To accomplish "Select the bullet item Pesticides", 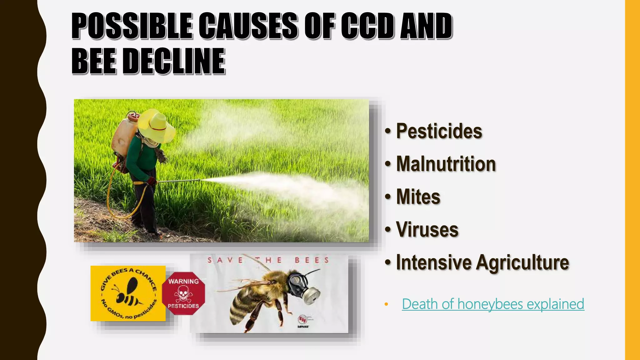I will (x=439, y=131).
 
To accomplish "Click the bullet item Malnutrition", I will (x=446, y=164).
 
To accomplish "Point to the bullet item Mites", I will (x=418, y=197).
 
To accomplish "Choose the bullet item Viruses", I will (x=427, y=230).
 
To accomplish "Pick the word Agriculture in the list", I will (x=522, y=262).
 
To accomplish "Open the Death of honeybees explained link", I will (x=493, y=304).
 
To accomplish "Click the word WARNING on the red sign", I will (x=183, y=281).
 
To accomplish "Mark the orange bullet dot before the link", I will (x=386, y=304).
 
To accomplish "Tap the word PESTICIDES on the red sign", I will (x=183, y=306).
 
